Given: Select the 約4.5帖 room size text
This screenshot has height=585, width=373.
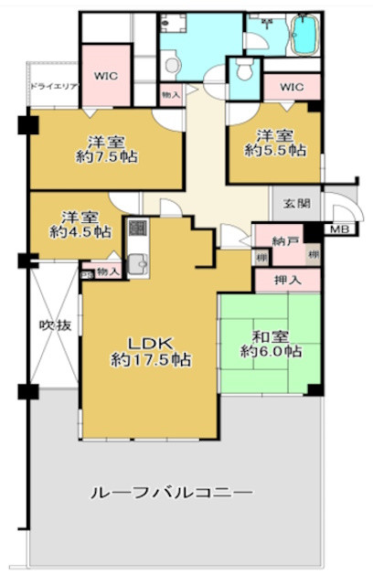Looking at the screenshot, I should point(80,233).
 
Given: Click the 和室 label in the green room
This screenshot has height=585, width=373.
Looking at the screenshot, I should point(271,334).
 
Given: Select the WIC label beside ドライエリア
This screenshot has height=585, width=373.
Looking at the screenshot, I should point(107,77).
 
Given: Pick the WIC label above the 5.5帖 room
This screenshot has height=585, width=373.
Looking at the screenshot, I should point(291,87).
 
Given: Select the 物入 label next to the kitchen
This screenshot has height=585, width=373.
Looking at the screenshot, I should point(108,272).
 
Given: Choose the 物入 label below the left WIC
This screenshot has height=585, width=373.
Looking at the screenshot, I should point(171,93).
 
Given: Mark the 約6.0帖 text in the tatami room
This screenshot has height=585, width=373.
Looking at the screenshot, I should point(271,351).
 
